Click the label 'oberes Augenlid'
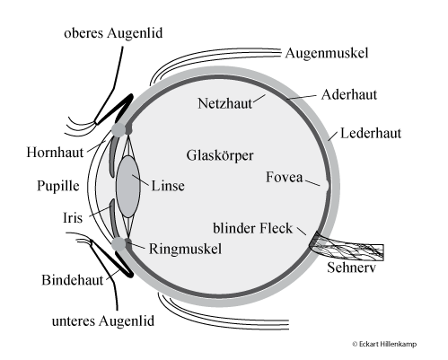[x=113, y=33]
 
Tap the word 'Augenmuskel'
[x=327, y=53]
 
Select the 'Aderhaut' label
[x=349, y=94]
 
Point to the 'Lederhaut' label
[x=371, y=133]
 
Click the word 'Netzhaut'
[x=225, y=103]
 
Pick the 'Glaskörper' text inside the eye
[x=220, y=155]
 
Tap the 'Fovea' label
[x=285, y=177]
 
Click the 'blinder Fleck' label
[x=252, y=228]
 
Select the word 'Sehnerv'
[x=351, y=268]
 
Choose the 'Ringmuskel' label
[x=185, y=249]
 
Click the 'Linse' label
[x=168, y=186]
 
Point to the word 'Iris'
[x=73, y=217]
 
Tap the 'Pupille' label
[x=58, y=186]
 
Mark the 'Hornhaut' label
[x=55, y=152]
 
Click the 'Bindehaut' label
[x=72, y=280]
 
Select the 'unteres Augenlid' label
[x=103, y=321]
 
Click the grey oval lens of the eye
[x=128, y=186]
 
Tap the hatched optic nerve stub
[x=347, y=248]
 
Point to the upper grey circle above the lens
[x=119, y=130]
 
